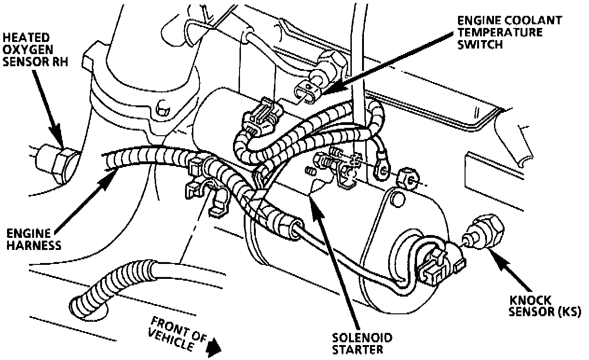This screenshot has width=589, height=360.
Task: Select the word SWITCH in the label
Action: [x=479, y=45]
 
